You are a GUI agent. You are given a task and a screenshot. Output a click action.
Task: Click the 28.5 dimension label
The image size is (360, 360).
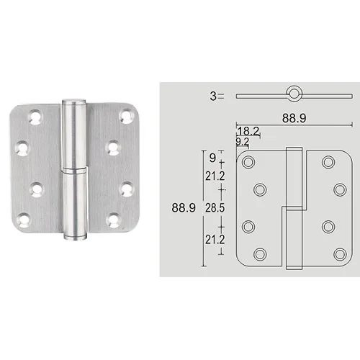pos(211,207)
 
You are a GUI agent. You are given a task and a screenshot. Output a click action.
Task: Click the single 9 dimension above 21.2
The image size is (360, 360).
pos(211,154)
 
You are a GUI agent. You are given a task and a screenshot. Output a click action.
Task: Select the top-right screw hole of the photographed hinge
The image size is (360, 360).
pos(127,115)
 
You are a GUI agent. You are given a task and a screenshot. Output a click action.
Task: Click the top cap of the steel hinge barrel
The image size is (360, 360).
pos(74,103)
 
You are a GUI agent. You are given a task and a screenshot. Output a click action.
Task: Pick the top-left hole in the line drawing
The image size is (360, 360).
pos(248,162)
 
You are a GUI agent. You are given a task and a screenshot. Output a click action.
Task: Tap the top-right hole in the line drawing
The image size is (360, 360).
pos(328,162)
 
